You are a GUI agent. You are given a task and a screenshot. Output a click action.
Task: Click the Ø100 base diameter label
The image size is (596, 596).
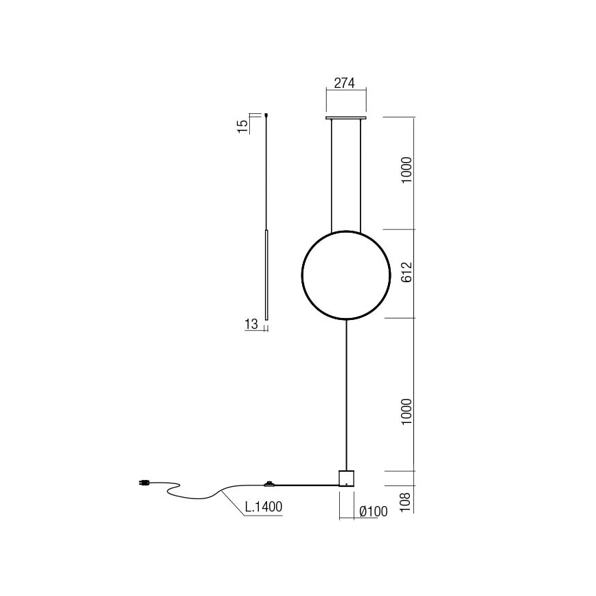[374, 511]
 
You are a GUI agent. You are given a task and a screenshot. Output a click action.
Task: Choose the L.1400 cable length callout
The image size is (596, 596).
[264, 507]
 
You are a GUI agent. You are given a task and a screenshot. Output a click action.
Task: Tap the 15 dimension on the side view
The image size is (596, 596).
[242, 126]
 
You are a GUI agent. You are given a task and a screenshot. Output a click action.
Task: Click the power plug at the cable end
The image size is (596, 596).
[144, 483]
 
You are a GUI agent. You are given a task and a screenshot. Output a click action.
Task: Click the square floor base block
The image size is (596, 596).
[347, 478]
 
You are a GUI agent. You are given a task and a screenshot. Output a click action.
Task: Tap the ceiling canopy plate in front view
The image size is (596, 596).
[347, 118]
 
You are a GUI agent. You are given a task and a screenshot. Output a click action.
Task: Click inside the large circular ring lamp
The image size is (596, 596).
[347, 275]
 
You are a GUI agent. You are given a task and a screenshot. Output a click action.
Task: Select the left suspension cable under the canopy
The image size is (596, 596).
[332, 175]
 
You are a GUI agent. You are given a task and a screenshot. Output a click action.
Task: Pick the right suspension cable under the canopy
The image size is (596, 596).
[363, 175]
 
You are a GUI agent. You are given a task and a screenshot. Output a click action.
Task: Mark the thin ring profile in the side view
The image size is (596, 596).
[266, 275]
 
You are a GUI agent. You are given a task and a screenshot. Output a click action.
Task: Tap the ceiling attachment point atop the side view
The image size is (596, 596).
[266, 115]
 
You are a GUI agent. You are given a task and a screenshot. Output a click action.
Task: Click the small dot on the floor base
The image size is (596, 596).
[347, 484]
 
